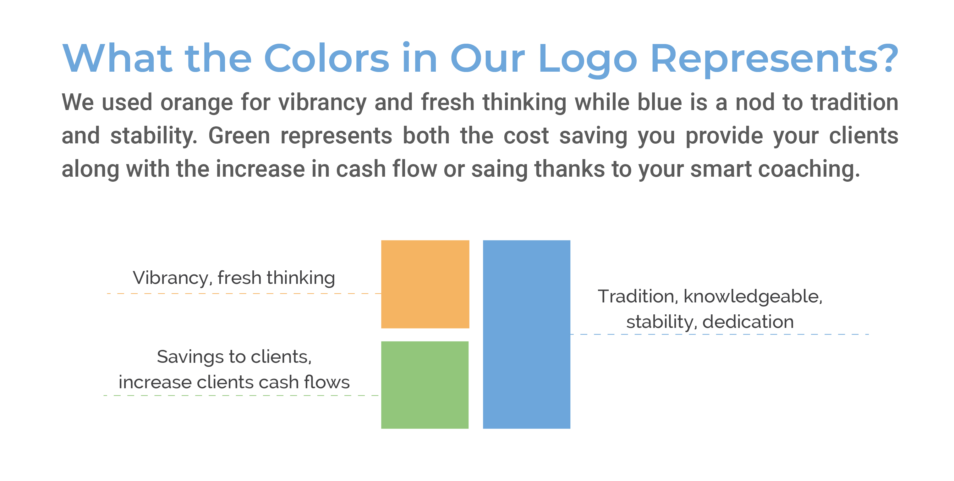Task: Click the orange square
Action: [425, 284]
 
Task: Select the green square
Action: [425, 385]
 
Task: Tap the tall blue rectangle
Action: [527, 334]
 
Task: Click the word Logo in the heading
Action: [588, 59]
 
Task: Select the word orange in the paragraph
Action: [197, 103]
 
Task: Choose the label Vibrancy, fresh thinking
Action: [234, 278]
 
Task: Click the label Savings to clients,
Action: [234, 357]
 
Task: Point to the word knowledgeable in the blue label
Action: [753, 296]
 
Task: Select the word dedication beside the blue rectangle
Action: [748, 321]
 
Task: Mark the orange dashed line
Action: [244, 294]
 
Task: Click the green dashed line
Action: [241, 395]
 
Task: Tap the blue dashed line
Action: [719, 334]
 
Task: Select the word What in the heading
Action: [118, 58]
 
